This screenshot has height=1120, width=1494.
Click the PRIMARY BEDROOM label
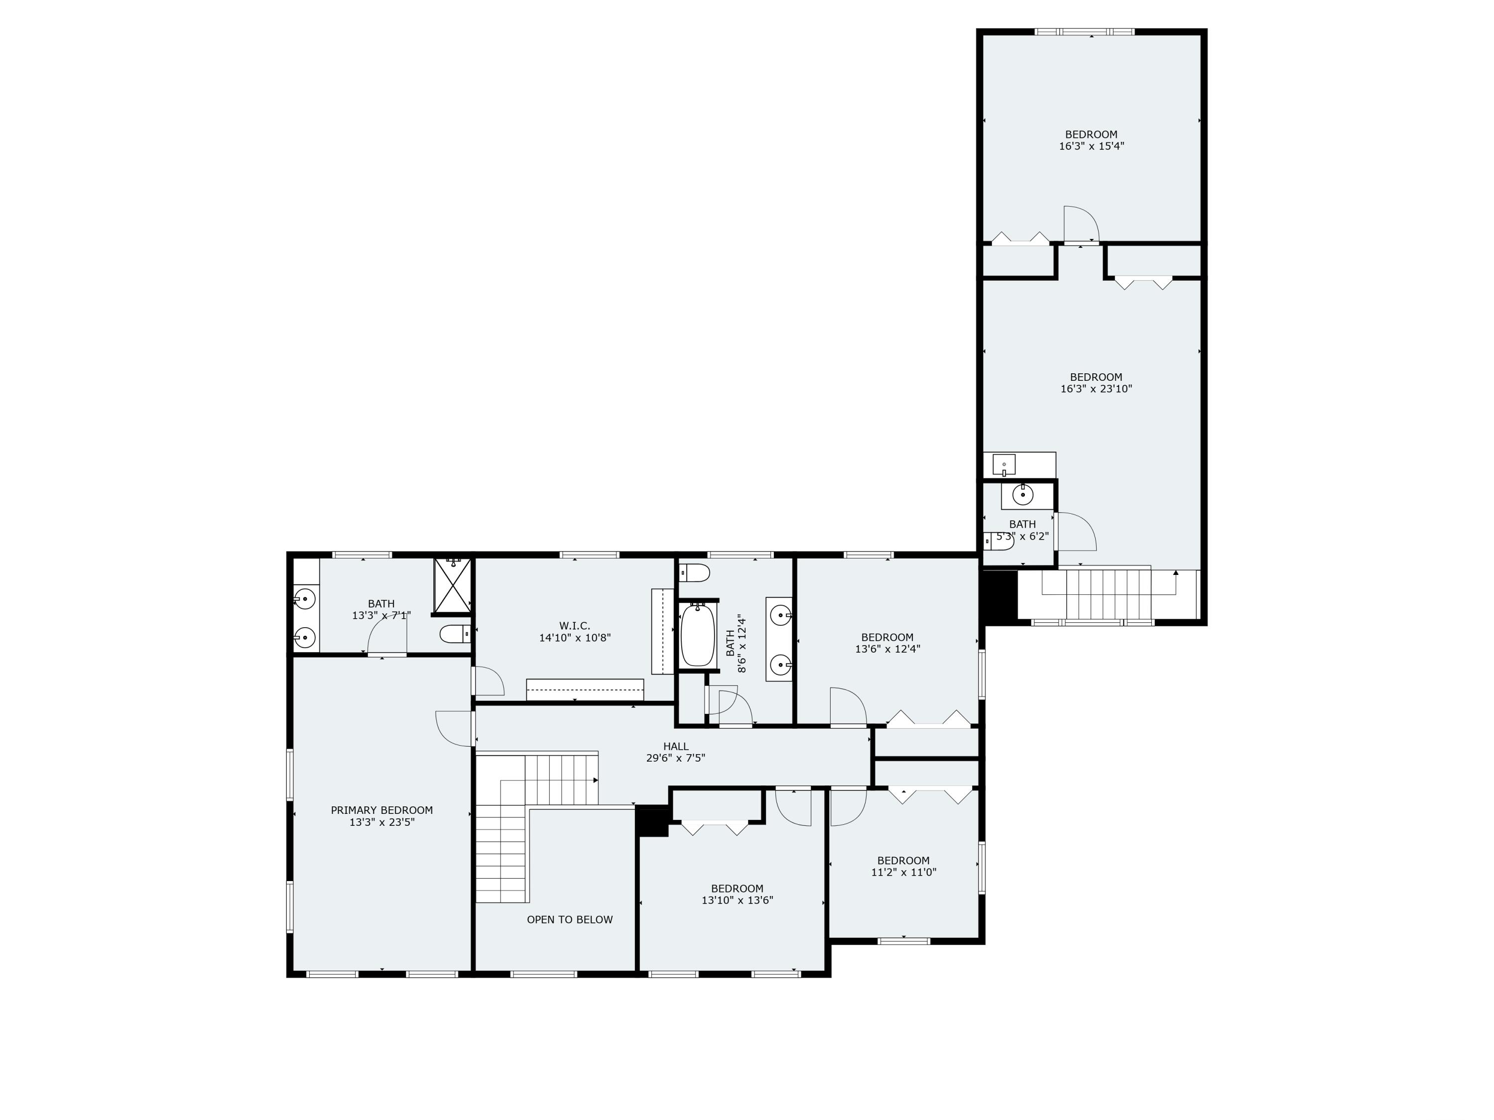381,810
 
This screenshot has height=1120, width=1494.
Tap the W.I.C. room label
574,626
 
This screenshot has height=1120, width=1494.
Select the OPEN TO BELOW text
569,919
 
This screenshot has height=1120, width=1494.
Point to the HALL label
675,746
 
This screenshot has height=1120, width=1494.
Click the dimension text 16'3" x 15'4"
1092,146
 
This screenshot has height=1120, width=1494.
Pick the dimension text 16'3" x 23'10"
1096,389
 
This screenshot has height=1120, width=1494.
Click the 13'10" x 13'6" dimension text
737,900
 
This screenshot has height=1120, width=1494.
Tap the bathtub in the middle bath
697,635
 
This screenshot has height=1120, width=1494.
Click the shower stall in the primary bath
452,585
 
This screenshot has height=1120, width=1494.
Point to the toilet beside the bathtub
694,573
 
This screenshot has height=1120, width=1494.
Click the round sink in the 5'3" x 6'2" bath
1023,495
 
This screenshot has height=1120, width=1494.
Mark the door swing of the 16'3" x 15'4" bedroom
1079,224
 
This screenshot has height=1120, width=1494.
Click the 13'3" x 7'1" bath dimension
381,616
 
